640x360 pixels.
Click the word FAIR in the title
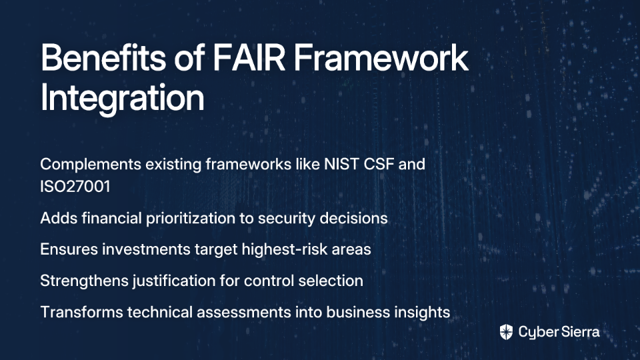(x=249, y=57)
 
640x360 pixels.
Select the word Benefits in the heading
(x=103, y=57)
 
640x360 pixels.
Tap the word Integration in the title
(x=122, y=98)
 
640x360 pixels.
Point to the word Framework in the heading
(x=381, y=57)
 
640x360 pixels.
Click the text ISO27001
(x=75, y=187)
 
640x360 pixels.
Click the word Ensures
(x=69, y=249)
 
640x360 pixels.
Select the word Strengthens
(x=85, y=281)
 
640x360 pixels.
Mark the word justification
(x=174, y=281)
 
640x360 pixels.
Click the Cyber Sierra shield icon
(x=506, y=332)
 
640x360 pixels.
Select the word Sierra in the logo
(x=579, y=332)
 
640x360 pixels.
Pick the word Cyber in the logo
(x=538, y=333)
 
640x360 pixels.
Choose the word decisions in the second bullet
(x=353, y=218)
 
